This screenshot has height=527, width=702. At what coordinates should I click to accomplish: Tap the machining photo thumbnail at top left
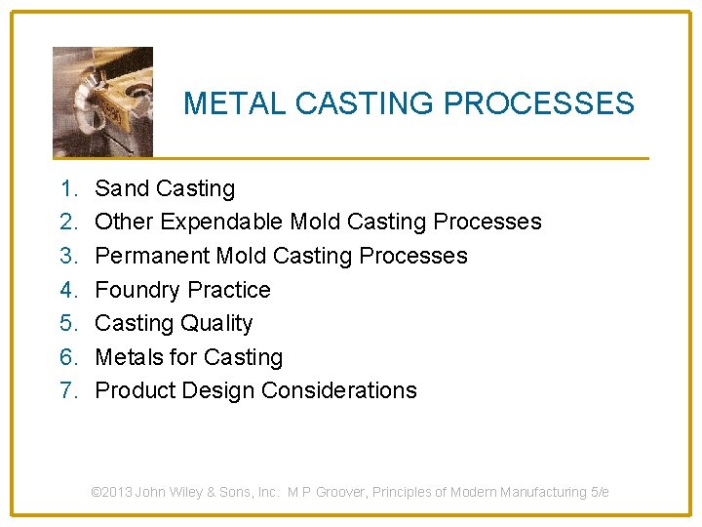pos(102,101)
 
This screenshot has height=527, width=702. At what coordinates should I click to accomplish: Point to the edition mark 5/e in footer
pos(600,492)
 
